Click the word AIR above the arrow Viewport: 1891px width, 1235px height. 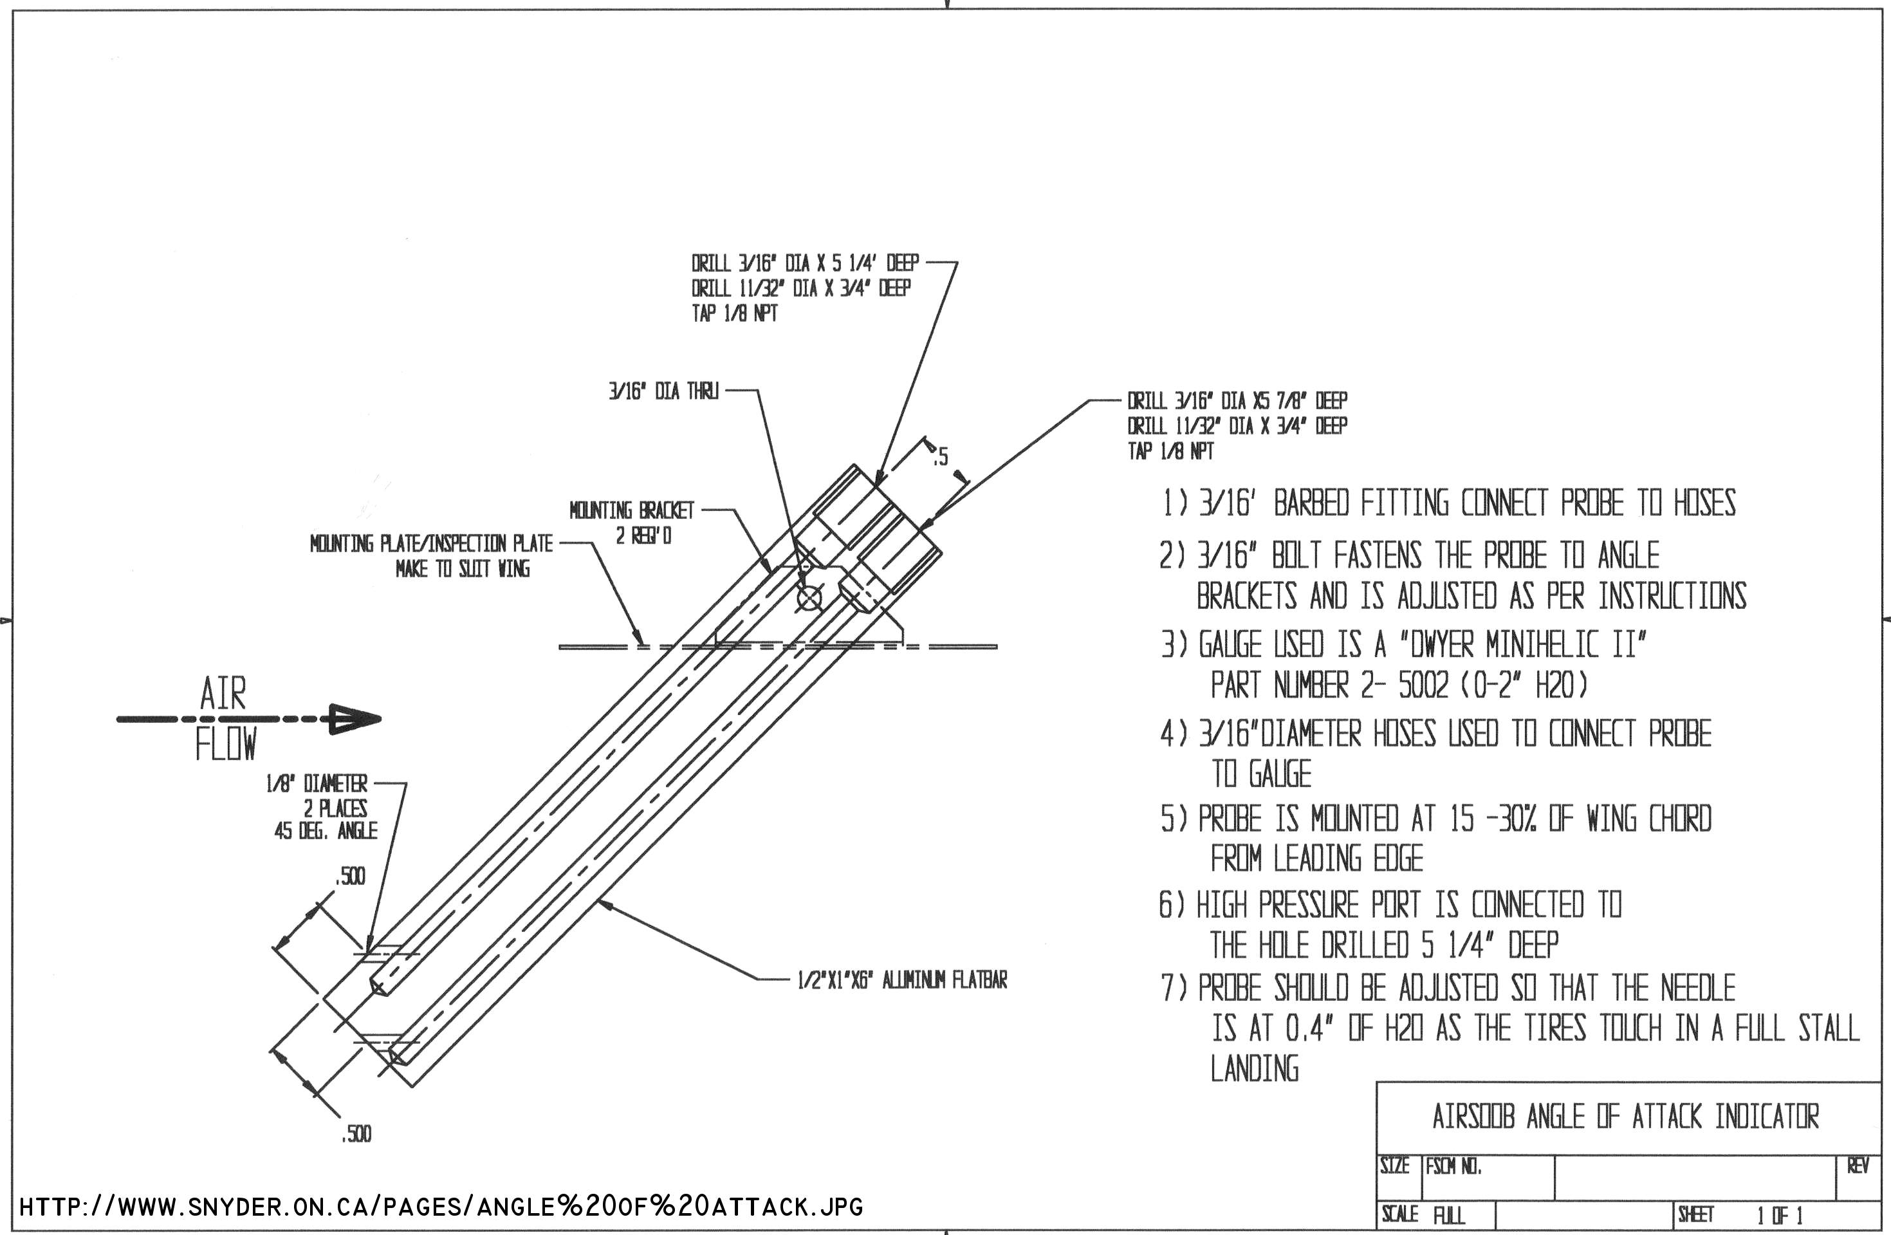point(223,694)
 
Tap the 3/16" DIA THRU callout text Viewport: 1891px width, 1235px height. point(663,391)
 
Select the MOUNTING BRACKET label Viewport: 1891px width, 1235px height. point(632,510)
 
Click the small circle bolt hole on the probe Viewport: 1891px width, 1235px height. point(809,598)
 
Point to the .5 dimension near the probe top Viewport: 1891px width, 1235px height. point(941,457)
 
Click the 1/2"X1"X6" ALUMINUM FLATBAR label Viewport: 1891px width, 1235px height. point(902,980)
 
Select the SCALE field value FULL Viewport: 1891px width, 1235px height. point(1449,1215)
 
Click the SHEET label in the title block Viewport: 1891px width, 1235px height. point(1695,1215)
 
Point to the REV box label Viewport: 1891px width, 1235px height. point(1858,1166)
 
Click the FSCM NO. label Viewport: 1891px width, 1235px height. point(1453,1167)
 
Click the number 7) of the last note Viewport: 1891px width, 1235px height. point(1174,988)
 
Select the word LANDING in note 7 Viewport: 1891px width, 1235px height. point(1255,1068)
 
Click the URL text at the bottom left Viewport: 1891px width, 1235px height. point(441,1207)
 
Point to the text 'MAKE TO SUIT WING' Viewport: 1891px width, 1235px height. point(463,569)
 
